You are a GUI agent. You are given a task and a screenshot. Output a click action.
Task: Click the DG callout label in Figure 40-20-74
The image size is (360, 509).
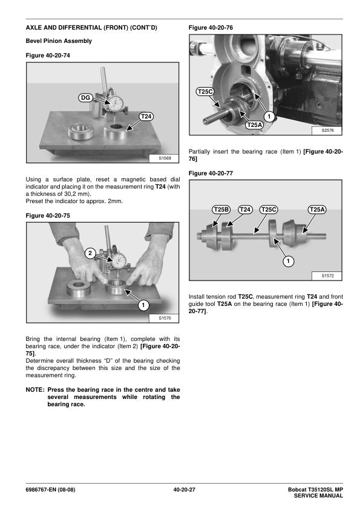point(85,98)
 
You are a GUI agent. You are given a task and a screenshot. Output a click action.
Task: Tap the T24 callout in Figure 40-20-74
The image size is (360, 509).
point(146,117)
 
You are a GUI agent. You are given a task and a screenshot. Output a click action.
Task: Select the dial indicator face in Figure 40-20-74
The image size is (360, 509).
point(116,103)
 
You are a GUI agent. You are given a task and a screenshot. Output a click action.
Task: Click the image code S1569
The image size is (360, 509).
point(165,158)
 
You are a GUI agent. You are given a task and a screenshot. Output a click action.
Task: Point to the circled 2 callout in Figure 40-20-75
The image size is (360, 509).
point(90,253)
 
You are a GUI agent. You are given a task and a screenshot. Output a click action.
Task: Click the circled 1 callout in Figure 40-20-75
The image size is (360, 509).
point(143,305)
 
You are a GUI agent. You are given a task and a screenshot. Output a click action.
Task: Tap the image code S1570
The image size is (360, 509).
point(165,318)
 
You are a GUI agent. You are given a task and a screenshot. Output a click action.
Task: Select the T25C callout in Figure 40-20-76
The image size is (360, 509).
point(205,92)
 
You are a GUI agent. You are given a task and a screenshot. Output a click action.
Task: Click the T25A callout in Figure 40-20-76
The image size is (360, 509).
point(254,125)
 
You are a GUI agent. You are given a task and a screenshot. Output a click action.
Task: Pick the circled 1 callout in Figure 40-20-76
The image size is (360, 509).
point(269,117)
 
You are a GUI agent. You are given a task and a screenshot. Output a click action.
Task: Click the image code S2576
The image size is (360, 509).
point(327,130)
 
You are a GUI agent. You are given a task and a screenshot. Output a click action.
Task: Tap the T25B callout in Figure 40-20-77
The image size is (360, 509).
point(221,210)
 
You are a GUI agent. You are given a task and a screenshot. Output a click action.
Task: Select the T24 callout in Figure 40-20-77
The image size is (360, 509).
point(245,210)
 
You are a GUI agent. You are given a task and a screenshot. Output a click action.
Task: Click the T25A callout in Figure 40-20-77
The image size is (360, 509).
point(317,210)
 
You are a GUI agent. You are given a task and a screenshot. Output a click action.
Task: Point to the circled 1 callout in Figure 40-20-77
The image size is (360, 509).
point(288,261)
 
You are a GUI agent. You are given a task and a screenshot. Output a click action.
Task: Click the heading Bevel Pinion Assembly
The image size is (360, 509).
point(59,41)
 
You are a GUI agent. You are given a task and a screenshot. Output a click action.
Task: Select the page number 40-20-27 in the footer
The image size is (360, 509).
point(184,490)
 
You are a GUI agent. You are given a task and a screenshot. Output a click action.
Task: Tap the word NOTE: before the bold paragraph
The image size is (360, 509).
point(34,389)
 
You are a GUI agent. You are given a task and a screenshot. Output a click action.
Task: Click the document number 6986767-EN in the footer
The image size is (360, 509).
point(41,490)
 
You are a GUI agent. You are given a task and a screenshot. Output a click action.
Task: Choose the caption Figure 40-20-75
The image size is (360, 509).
point(48,216)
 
